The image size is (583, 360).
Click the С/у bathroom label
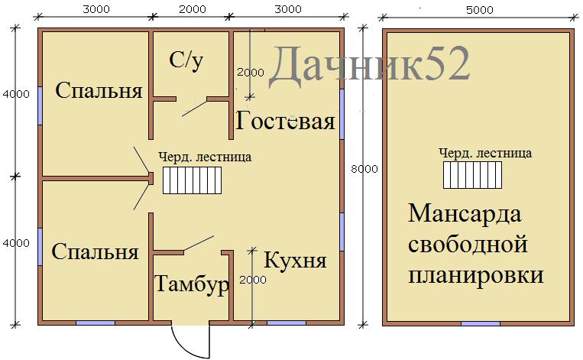186,60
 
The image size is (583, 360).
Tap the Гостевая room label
285,121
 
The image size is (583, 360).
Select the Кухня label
295,260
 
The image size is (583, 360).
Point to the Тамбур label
191,284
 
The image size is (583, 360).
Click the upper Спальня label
99,90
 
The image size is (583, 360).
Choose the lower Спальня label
96,251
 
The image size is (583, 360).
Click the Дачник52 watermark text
369,64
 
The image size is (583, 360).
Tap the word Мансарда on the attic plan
465,214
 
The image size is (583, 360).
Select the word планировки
476,276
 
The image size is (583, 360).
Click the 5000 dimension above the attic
480,10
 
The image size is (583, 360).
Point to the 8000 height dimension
364,169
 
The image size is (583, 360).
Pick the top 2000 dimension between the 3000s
193,9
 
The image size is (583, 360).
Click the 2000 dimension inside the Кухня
253,280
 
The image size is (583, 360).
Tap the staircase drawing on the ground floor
192,180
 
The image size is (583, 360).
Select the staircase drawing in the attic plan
472,175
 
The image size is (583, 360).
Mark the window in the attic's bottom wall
481,323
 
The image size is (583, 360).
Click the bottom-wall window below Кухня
287,323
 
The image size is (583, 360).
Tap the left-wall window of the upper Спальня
40,106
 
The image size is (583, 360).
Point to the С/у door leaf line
194,109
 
